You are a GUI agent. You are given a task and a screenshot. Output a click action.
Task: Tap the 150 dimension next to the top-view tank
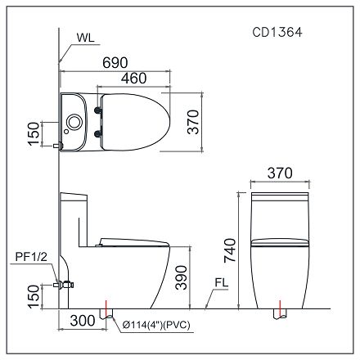33,133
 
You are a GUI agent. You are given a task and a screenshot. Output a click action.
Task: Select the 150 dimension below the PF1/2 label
33,296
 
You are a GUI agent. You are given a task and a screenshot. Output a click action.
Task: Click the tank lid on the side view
74,196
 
